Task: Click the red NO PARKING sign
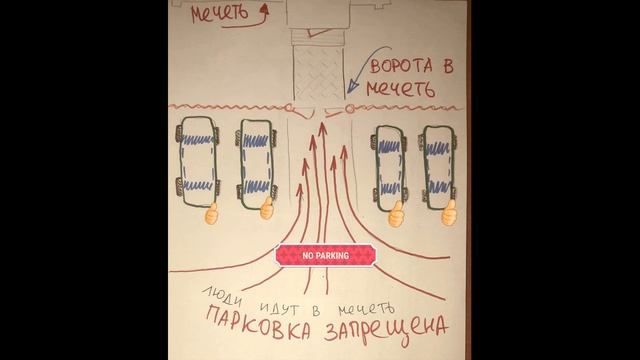pyautogui.click(x=325, y=256)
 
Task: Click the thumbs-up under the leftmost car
pyautogui.click(x=211, y=213)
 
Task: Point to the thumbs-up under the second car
pyautogui.click(x=267, y=211)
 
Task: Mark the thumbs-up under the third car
pyautogui.click(x=396, y=212)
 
